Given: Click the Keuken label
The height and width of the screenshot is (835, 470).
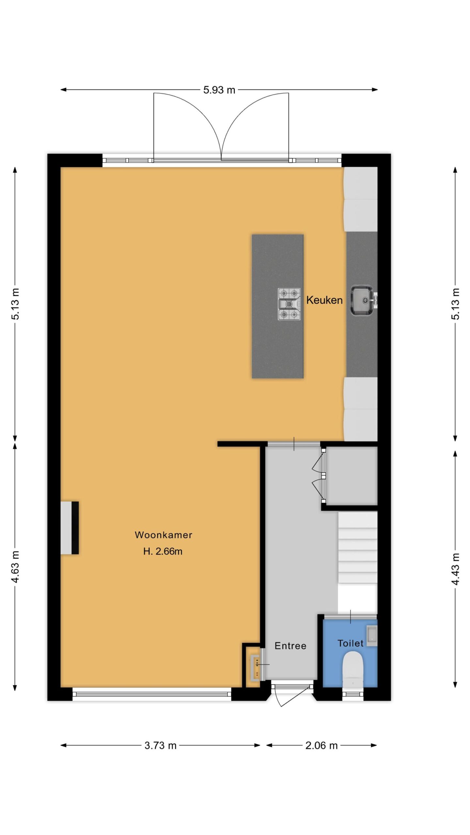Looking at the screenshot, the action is tap(324, 300).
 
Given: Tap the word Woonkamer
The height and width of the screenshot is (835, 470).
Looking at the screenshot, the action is tap(164, 535).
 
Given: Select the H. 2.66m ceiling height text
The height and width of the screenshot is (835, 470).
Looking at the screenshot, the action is tap(163, 551).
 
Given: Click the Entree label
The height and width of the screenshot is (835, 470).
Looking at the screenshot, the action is tap(290, 646).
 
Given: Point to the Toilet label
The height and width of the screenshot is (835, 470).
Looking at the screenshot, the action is tap(350, 643).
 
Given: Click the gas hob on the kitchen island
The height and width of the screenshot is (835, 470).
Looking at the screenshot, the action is tap(289, 304).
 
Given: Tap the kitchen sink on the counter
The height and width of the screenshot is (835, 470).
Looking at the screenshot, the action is tap(362, 300).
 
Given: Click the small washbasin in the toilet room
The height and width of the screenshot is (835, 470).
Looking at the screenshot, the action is tap(372, 636).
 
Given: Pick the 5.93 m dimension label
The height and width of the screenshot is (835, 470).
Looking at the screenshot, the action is tap(219, 90).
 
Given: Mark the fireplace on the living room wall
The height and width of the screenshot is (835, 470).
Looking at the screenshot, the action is tap(70, 528).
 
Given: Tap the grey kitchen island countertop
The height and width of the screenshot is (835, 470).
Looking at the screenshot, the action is tap(277, 306).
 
